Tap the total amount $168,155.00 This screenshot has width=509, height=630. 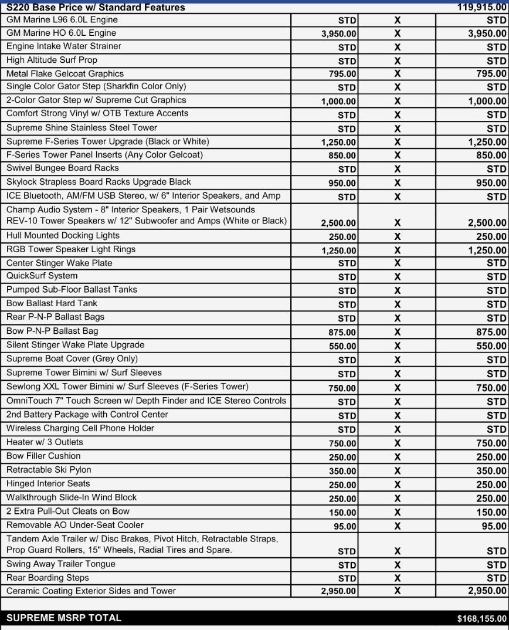click(481, 618)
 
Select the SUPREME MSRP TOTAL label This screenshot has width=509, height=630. click(64, 618)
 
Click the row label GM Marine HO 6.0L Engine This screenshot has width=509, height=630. click(62, 33)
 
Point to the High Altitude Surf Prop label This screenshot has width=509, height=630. click(52, 60)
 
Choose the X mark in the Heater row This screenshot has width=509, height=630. click(397, 443)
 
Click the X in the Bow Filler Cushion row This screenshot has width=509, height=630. click(397, 457)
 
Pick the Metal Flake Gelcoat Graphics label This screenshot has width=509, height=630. click(65, 74)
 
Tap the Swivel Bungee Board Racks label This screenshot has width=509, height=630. click(63, 168)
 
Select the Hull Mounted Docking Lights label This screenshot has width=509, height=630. click(63, 235)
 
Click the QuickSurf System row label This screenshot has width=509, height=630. click(42, 276)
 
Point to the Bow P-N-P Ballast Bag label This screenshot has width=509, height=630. click(52, 331)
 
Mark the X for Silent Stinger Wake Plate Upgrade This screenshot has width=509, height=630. click(397, 346)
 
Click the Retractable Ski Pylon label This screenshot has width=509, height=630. click(49, 470)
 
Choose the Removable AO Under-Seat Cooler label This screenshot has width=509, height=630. click(75, 525)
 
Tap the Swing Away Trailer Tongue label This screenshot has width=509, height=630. click(61, 564)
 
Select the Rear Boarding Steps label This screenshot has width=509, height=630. click(48, 578)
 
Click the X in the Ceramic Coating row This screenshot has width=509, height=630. click(397, 591)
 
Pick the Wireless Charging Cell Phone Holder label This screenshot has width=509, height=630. click(80, 428)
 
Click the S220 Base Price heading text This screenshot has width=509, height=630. click(96, 8)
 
